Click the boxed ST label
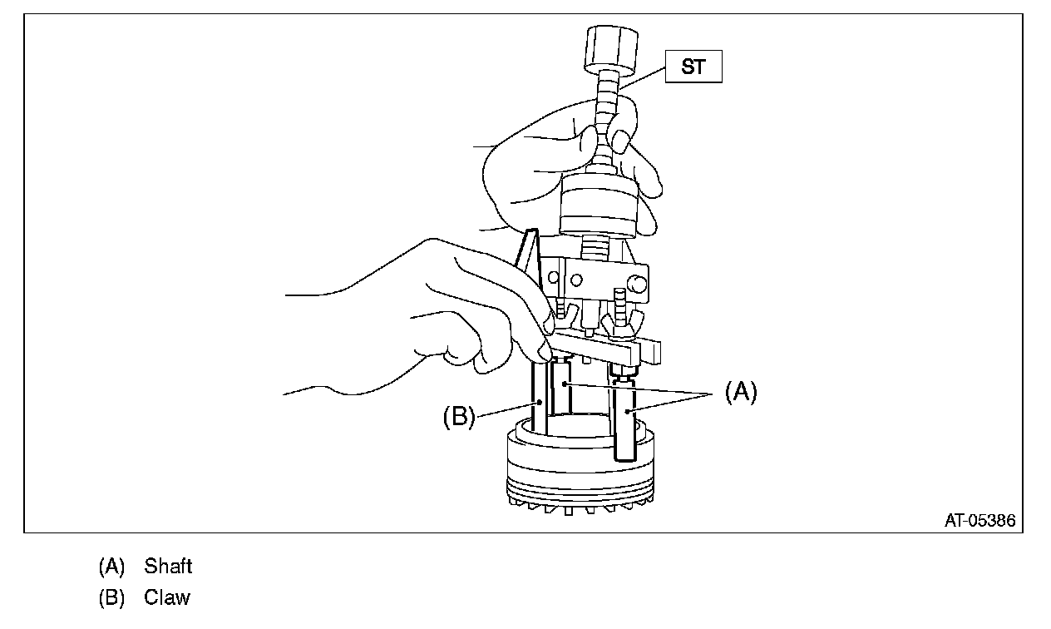[693, 67]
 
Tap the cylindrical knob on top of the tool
[611, 49]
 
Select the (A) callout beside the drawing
[741, 392]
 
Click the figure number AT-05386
[979, 521]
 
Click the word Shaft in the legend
[168, 567]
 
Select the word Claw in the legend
[166, 597]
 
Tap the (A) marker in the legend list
[111, 567]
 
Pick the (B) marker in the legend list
[111, 597]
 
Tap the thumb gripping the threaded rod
[619, 121]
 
